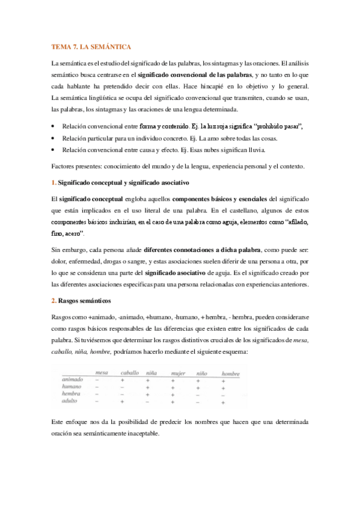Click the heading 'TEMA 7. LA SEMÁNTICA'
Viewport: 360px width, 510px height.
click(x=91, y=46)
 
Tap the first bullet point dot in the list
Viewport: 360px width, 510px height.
click(x=53, y=127)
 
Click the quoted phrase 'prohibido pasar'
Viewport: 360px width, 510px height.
click(x=278, y=127)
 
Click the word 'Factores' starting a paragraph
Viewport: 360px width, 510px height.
click(x=63, y=165)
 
